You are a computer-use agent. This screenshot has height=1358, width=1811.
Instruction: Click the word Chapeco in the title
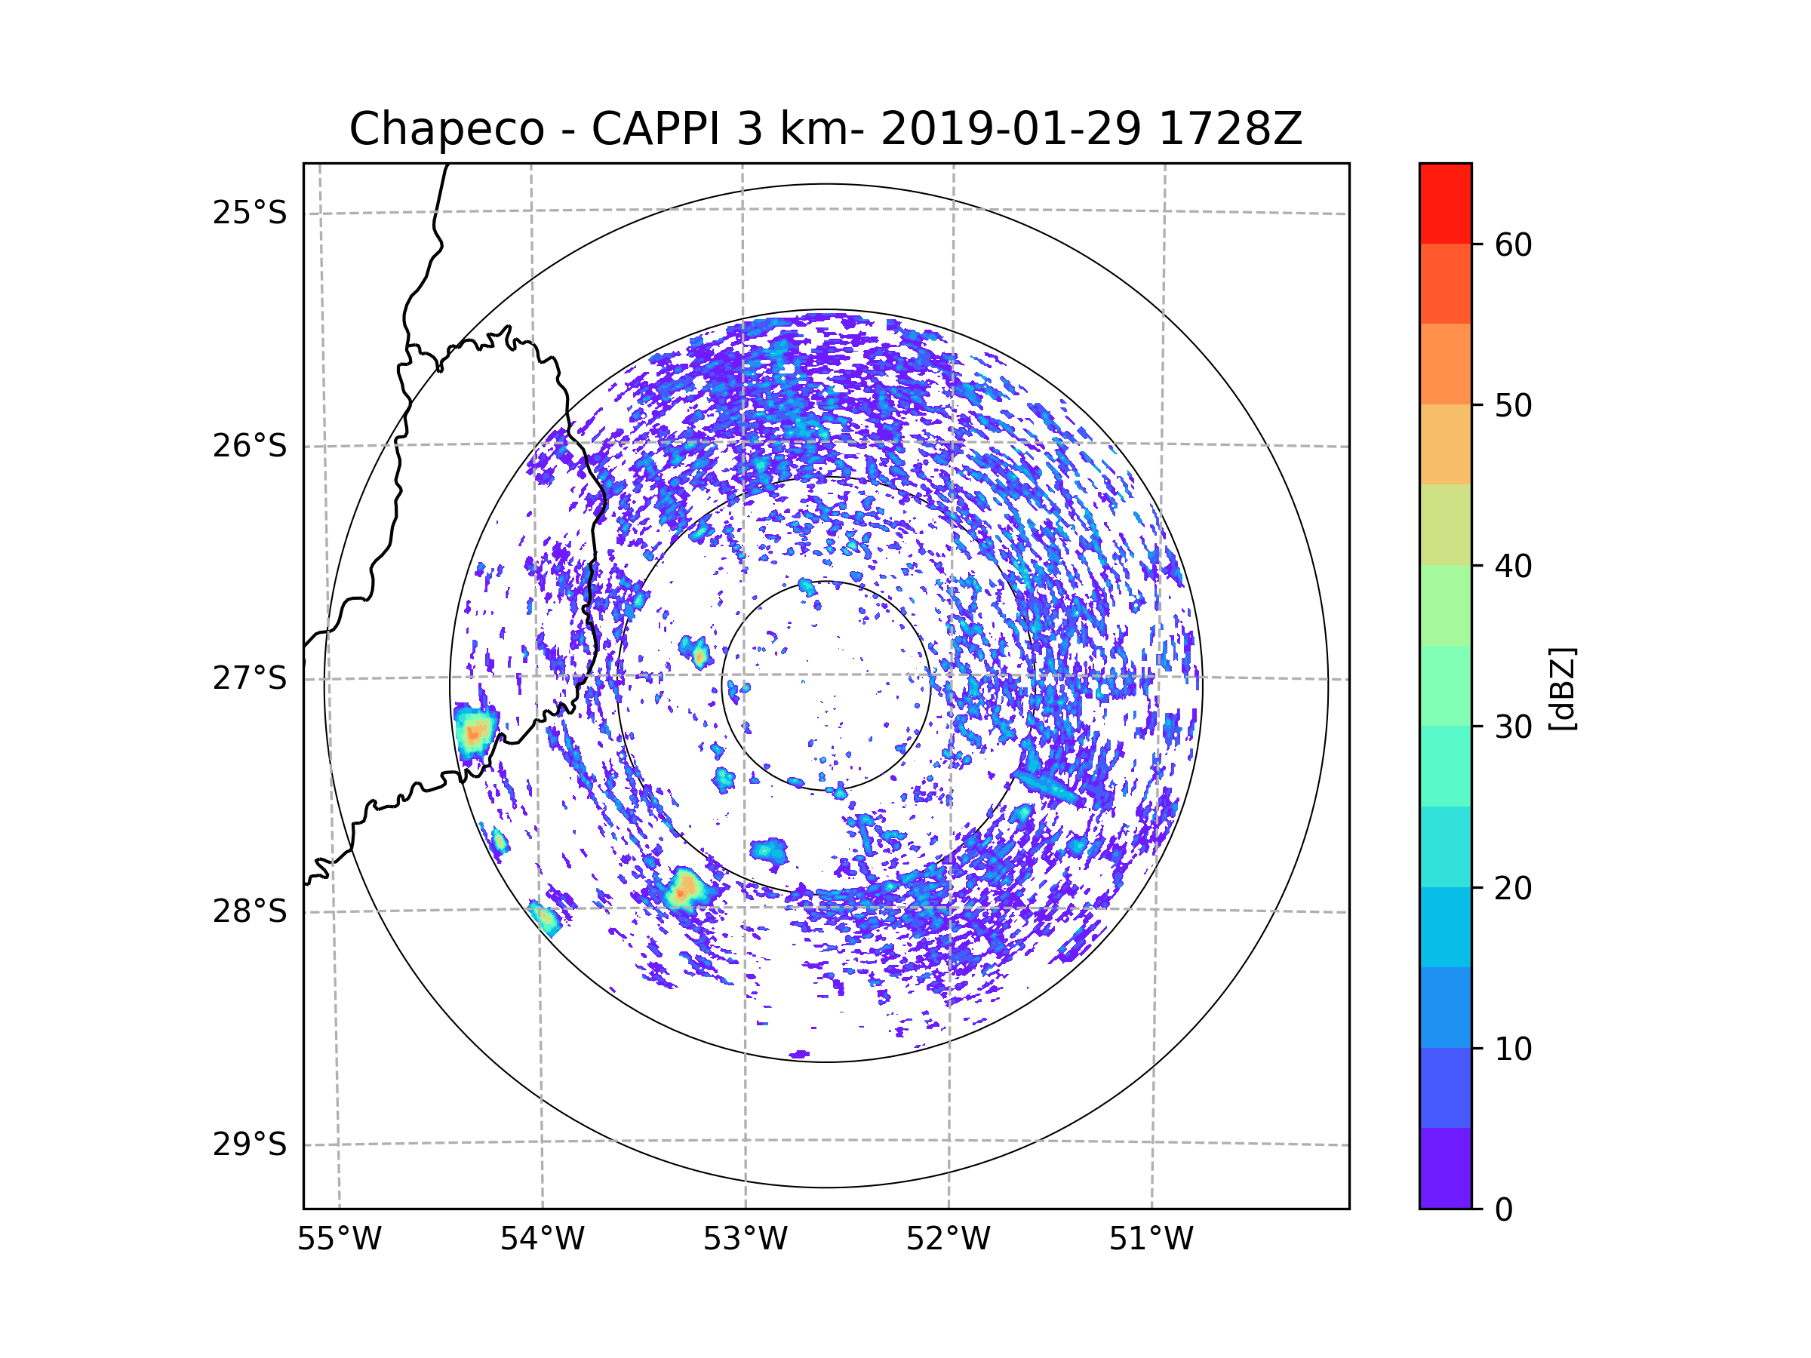click(x=446, y=129)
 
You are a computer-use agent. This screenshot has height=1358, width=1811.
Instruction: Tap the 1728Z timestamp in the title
click(x=1231, y=128)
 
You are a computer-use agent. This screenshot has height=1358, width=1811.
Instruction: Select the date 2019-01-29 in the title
click(x=1010, y=128)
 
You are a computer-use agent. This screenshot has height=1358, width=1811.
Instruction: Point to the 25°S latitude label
click(x=250, y=213)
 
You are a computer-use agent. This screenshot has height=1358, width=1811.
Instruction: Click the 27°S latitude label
click(x=250, y=678)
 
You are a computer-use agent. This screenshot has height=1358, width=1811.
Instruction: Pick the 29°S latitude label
click(x=250, y=1144)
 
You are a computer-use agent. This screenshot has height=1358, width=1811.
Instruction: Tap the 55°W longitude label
click(x=339, y=1240)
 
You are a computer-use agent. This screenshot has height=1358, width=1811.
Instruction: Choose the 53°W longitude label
click(x=745, y=1240)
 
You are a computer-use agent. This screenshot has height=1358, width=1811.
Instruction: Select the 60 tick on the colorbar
click(x=1513, y=244)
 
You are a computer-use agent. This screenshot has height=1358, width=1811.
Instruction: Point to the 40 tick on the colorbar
click(x=1513, y=566)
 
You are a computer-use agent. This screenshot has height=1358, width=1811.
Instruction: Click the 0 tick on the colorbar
click(x=1504, y=1210)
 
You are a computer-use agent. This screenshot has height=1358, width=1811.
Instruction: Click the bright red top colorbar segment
click(x=1445, y=204)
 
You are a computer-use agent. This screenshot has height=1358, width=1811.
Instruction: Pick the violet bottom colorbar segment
click(x=1445, y=1168)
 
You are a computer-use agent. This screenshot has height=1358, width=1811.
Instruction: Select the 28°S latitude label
click(x=250, y=911)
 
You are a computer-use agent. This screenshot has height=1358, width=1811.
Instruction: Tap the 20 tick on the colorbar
click(x=1513, y=888)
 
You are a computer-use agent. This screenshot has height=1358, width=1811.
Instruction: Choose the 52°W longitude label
click(x=948, y=1240)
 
